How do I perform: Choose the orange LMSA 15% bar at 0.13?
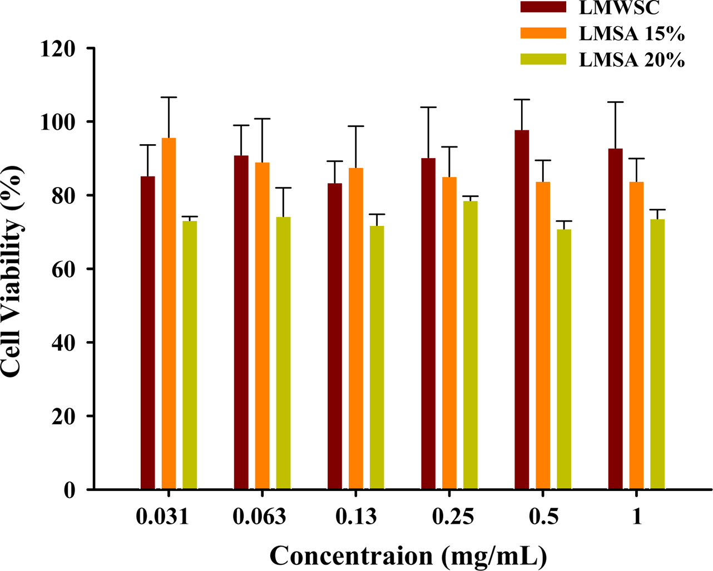coord(356,328)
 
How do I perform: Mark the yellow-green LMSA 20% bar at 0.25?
coord(471,345)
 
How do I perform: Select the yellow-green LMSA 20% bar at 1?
coord(657,354)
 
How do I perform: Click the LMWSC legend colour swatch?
coord(543,7)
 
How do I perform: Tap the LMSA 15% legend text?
coord(631,33)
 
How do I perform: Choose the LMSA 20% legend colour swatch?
coord(543,59)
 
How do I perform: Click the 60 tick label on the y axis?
coord(64,269)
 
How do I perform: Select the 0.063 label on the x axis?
coord(259,518)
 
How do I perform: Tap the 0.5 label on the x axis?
coord(543,518)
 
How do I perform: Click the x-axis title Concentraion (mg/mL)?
coord(408,555)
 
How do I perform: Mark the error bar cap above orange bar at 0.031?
coord(169,97)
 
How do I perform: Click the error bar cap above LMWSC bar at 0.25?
coord(428,107)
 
